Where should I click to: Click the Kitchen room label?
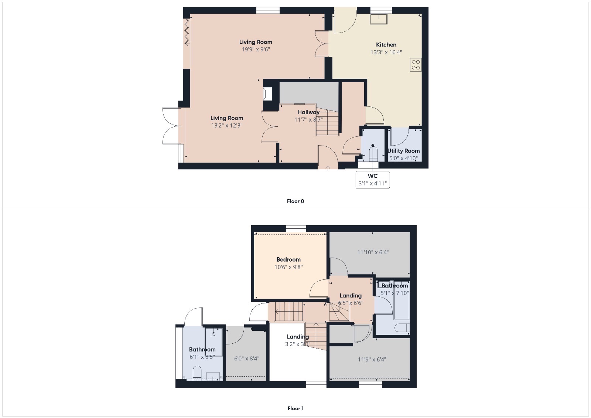tap(386, 45)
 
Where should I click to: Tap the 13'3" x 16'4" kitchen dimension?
tap(386, 52)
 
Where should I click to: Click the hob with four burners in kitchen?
tap(416, 65)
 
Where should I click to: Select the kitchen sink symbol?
tap(379, 18)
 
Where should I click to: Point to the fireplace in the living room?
tap(267, 94)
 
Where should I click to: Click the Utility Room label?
tap(403, 151)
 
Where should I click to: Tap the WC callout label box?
tap(372, 179)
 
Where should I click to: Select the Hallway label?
tap(308, 112)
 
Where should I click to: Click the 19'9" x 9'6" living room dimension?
tap(256, 50)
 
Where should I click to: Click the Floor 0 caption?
tap(295, 201)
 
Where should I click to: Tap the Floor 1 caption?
tap(295, 408)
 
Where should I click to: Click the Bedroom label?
tap(288, 259)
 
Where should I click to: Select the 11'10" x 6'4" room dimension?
tap(372, 252)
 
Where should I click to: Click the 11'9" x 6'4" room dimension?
tap(372, 359)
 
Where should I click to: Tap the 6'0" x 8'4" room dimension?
tap(246, 358)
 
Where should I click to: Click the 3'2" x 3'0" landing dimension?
tap(297, 344)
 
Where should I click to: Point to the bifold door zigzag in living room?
tap(187, 31)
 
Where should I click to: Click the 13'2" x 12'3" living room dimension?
tap(226, 126)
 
